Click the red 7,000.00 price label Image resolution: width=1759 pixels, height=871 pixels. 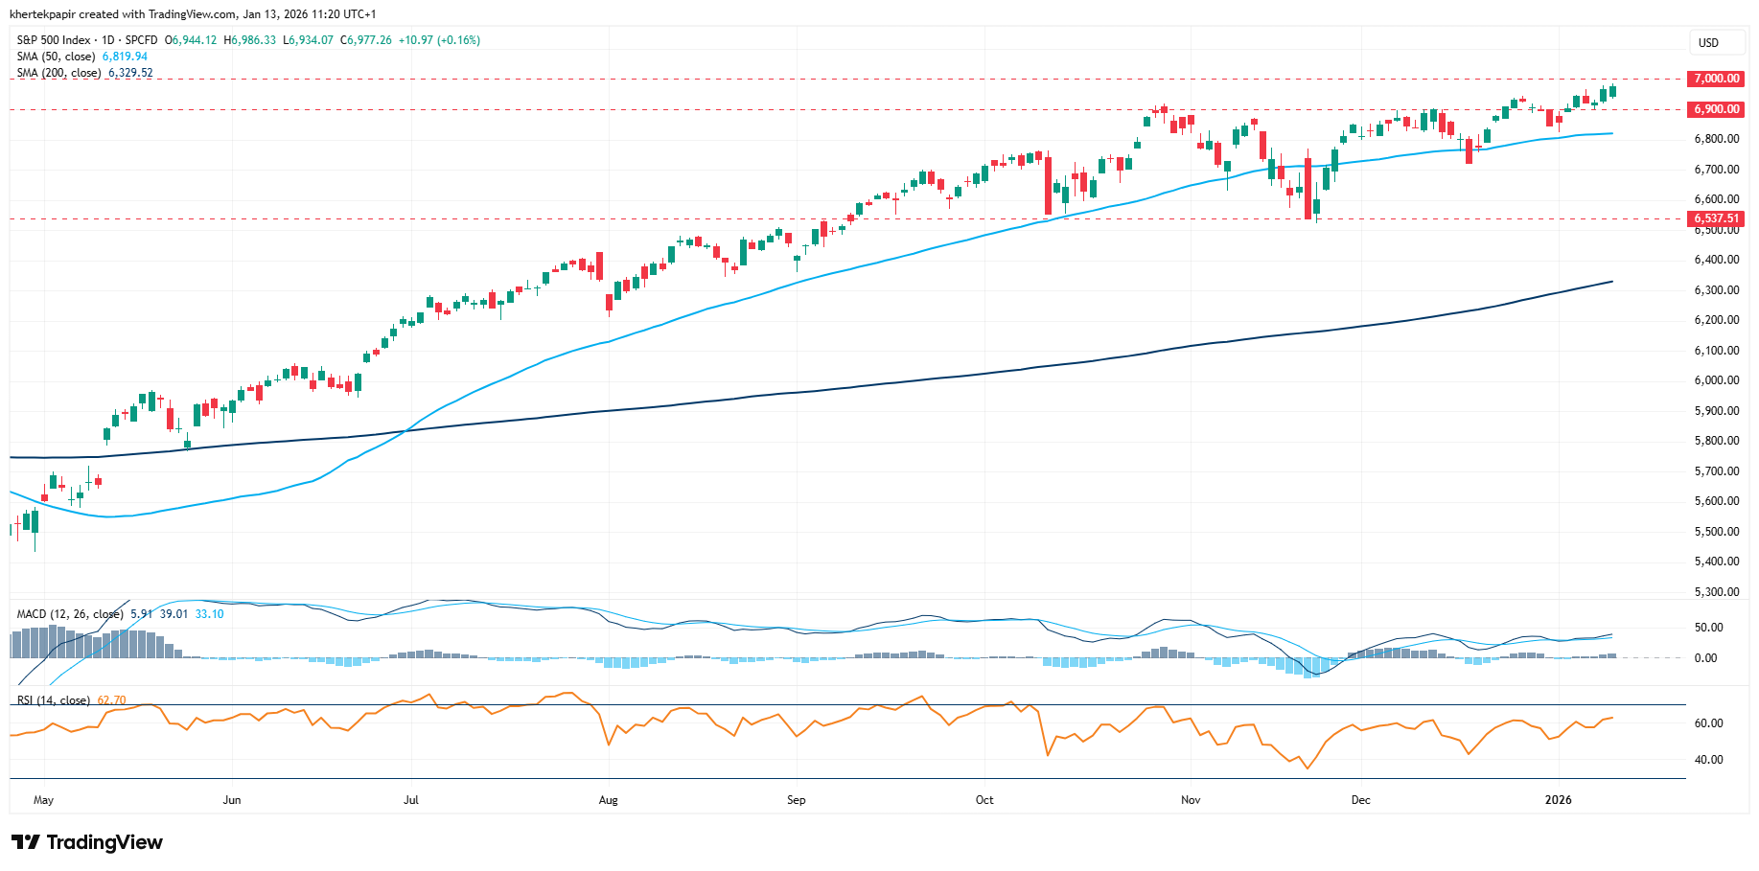[1716, 79]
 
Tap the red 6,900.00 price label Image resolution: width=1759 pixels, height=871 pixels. [1716, 109]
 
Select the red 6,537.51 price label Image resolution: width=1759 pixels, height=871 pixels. [1716, 218]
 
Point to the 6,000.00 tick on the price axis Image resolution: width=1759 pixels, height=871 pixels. [1716, 380]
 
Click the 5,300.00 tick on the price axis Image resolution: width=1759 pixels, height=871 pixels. [1716, 592]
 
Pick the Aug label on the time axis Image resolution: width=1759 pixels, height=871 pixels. [608, 800]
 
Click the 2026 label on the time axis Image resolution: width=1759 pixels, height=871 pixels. [1559, 800]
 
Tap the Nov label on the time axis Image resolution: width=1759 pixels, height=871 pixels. [1191, 800]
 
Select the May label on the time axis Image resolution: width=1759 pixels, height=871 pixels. [43, 800]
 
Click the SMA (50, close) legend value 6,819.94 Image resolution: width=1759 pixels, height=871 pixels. [125, 57]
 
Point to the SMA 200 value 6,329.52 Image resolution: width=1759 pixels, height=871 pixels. [130, 73]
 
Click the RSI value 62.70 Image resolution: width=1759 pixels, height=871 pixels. [111, 700]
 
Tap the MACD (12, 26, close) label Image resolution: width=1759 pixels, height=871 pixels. [70, 614]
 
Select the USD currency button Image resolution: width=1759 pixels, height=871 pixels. [1708, 43]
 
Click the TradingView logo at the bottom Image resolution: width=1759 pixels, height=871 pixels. [87, 842]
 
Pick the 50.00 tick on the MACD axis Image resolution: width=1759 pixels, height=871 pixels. [1708, 628]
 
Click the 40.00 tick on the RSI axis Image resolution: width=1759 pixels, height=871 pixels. [1710, 760]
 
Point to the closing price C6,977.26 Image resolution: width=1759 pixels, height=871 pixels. [366, 40]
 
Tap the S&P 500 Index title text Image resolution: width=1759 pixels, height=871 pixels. [54, 40]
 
